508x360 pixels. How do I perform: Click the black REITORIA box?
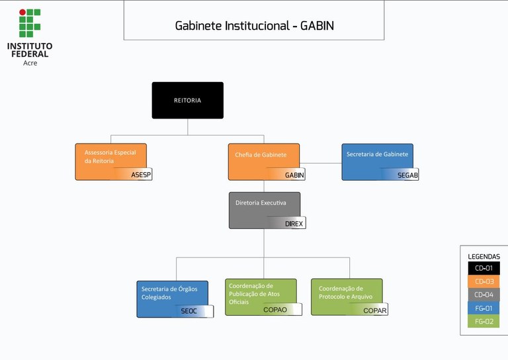(187, 101)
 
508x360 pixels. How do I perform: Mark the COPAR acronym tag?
(374, 309)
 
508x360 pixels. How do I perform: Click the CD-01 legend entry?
(484, 268)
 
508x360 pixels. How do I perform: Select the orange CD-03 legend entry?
(484, 281)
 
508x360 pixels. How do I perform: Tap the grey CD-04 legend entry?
(484, 294)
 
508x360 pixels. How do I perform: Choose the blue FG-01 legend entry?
(484, 308)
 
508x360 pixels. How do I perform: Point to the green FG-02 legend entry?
(484, 321)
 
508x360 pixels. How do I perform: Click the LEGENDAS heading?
(484, 256)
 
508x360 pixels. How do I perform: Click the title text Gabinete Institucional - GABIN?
(254, 26)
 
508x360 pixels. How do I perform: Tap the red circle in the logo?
(22, 12)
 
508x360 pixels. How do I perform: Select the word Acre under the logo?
(30, 62)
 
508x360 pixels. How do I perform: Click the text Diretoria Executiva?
(261, 203)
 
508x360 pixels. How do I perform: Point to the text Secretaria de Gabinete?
(377, 154)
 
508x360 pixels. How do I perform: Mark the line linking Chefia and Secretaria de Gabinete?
(321, 163)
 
